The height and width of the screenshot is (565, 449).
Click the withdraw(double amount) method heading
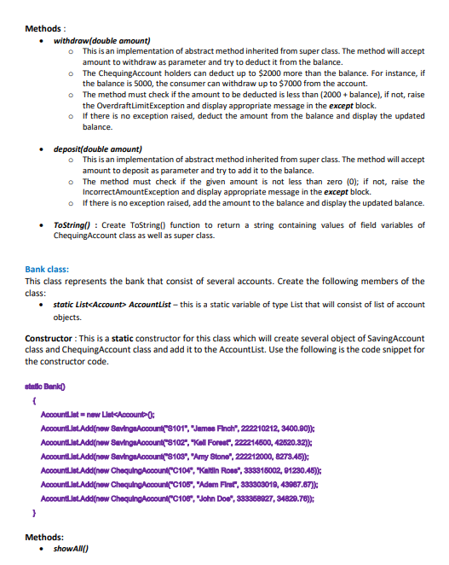101,40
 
